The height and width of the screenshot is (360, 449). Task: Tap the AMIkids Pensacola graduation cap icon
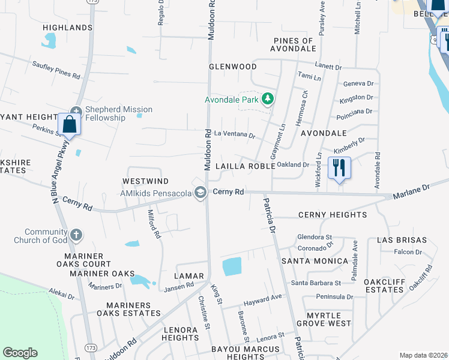click(x=201, y=193)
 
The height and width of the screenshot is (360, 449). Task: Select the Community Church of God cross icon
click(x=76, y=234)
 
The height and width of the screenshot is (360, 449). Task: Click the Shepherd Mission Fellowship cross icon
click(x=76, y=110)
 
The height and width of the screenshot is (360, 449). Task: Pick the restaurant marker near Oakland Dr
click(x=340, y=168)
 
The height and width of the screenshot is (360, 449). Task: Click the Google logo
click(x=20, y=352)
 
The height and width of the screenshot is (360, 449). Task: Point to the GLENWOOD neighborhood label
click(x=232, y=67)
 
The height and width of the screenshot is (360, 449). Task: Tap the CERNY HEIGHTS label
click(x=332, y=214)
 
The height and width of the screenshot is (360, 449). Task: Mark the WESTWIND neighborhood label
click(x=145, y=181)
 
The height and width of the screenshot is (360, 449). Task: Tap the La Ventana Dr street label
click(x=235, y=135)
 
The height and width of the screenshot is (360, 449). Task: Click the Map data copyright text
click(x=423, y=355)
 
